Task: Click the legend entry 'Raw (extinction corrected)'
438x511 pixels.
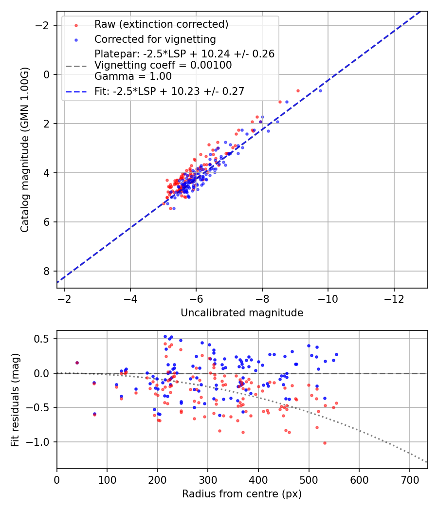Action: tap(161, 24)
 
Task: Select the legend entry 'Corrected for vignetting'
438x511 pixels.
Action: tap(155, 39)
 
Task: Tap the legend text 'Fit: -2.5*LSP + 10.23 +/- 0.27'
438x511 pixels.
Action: tap(169, 91)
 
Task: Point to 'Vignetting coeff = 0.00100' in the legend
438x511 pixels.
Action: tap(163, 65)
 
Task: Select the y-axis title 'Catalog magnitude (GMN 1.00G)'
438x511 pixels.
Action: tap(25, 150)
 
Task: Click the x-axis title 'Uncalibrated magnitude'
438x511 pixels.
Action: tap(242, 313)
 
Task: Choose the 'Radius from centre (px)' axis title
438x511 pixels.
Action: tap(242, 494)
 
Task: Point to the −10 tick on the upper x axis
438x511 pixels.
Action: tap(328, 297)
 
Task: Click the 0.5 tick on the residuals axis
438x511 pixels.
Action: tap(43, 339)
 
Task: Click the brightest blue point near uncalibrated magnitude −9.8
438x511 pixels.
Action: tap(320, 91)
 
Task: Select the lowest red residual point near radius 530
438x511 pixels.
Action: tap(325, 443)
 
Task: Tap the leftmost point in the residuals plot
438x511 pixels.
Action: tap(77, 363)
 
